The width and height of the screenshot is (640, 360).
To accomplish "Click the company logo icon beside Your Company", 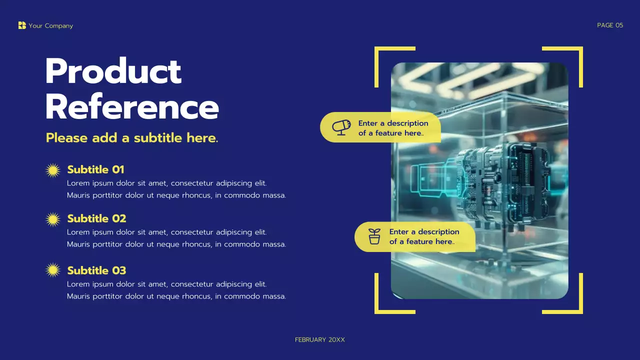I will [x=22, y=25].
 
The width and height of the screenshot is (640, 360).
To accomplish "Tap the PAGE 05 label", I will [x=610, y=25].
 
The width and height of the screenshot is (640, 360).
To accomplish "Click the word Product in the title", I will [x=113, y=71].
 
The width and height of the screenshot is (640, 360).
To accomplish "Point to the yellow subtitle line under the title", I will [x=132, y=138].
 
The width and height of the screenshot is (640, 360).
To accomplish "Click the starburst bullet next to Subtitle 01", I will [x=53, y=170].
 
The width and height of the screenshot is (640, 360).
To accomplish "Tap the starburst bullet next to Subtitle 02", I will [x=53, y=219].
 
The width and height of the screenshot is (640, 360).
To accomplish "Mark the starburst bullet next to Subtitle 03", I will [x=53, y=270].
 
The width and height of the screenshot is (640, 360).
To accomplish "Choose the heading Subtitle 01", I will [x=95, y=169].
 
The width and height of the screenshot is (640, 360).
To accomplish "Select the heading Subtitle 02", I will [x=96, y=218].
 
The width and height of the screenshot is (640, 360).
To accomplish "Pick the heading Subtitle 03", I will [x=96, y=270].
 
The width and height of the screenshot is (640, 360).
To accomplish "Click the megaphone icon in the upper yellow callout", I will [x=341, y=127].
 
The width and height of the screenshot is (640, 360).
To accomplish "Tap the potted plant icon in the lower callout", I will [x=374, y=236].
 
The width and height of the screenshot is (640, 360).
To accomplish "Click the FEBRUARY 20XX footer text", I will [x=320, y=340].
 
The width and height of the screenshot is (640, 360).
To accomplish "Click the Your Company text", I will [x=51, y=26].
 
